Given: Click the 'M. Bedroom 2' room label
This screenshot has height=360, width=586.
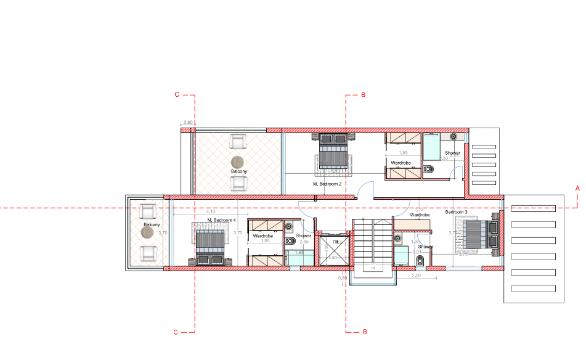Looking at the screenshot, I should [327, 184].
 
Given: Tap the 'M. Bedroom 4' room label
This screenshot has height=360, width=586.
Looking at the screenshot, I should [221, 220].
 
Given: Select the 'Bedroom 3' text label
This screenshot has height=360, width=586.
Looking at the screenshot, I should [457, 212].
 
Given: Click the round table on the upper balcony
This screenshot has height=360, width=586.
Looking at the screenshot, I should [238, 162].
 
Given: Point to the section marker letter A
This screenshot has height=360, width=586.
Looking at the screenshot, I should [577, 187].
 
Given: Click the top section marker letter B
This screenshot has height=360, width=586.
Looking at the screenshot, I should [364, 96].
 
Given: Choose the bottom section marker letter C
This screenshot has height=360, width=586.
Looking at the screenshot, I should [176, 332].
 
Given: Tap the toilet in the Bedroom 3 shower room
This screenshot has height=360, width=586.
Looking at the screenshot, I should [420, 262].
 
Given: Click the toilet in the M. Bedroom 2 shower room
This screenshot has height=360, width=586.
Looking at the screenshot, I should [431, 169].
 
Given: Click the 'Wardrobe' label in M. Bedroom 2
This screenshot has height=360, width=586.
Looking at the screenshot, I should [401, 163].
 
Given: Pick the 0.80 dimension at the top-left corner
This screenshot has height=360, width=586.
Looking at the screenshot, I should [188, 123].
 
